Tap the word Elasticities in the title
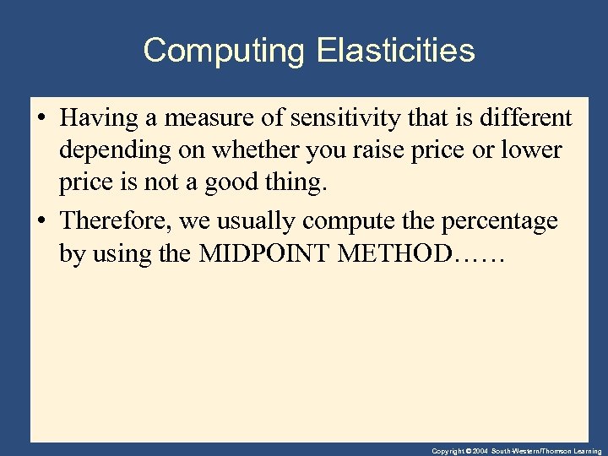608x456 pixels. [x=396, y=51]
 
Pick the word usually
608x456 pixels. [x=258, y=221]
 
